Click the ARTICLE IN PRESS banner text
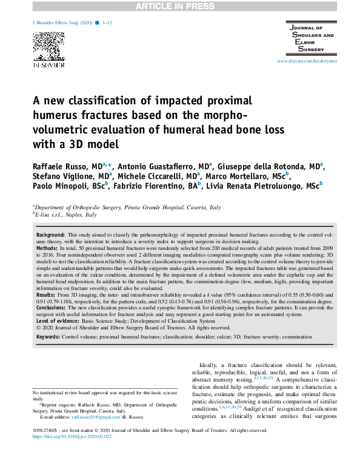tap(179, 7)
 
